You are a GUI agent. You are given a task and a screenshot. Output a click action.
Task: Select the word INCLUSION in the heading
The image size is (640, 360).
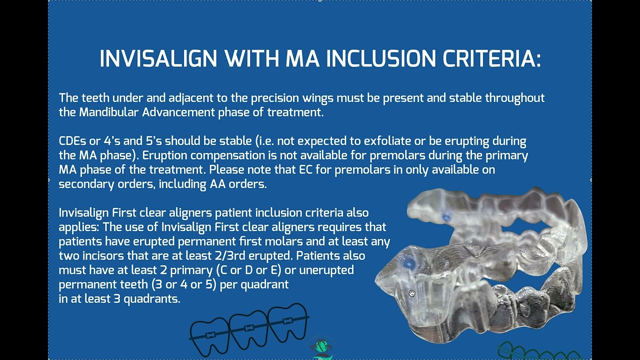[x=381, y=59]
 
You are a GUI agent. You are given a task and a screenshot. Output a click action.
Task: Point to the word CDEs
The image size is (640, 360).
[x=72, y=141]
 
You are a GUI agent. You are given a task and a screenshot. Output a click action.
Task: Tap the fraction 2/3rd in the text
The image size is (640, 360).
[x=270, y=255]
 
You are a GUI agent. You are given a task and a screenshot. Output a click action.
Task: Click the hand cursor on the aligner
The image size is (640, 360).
[x=411, y=293]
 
